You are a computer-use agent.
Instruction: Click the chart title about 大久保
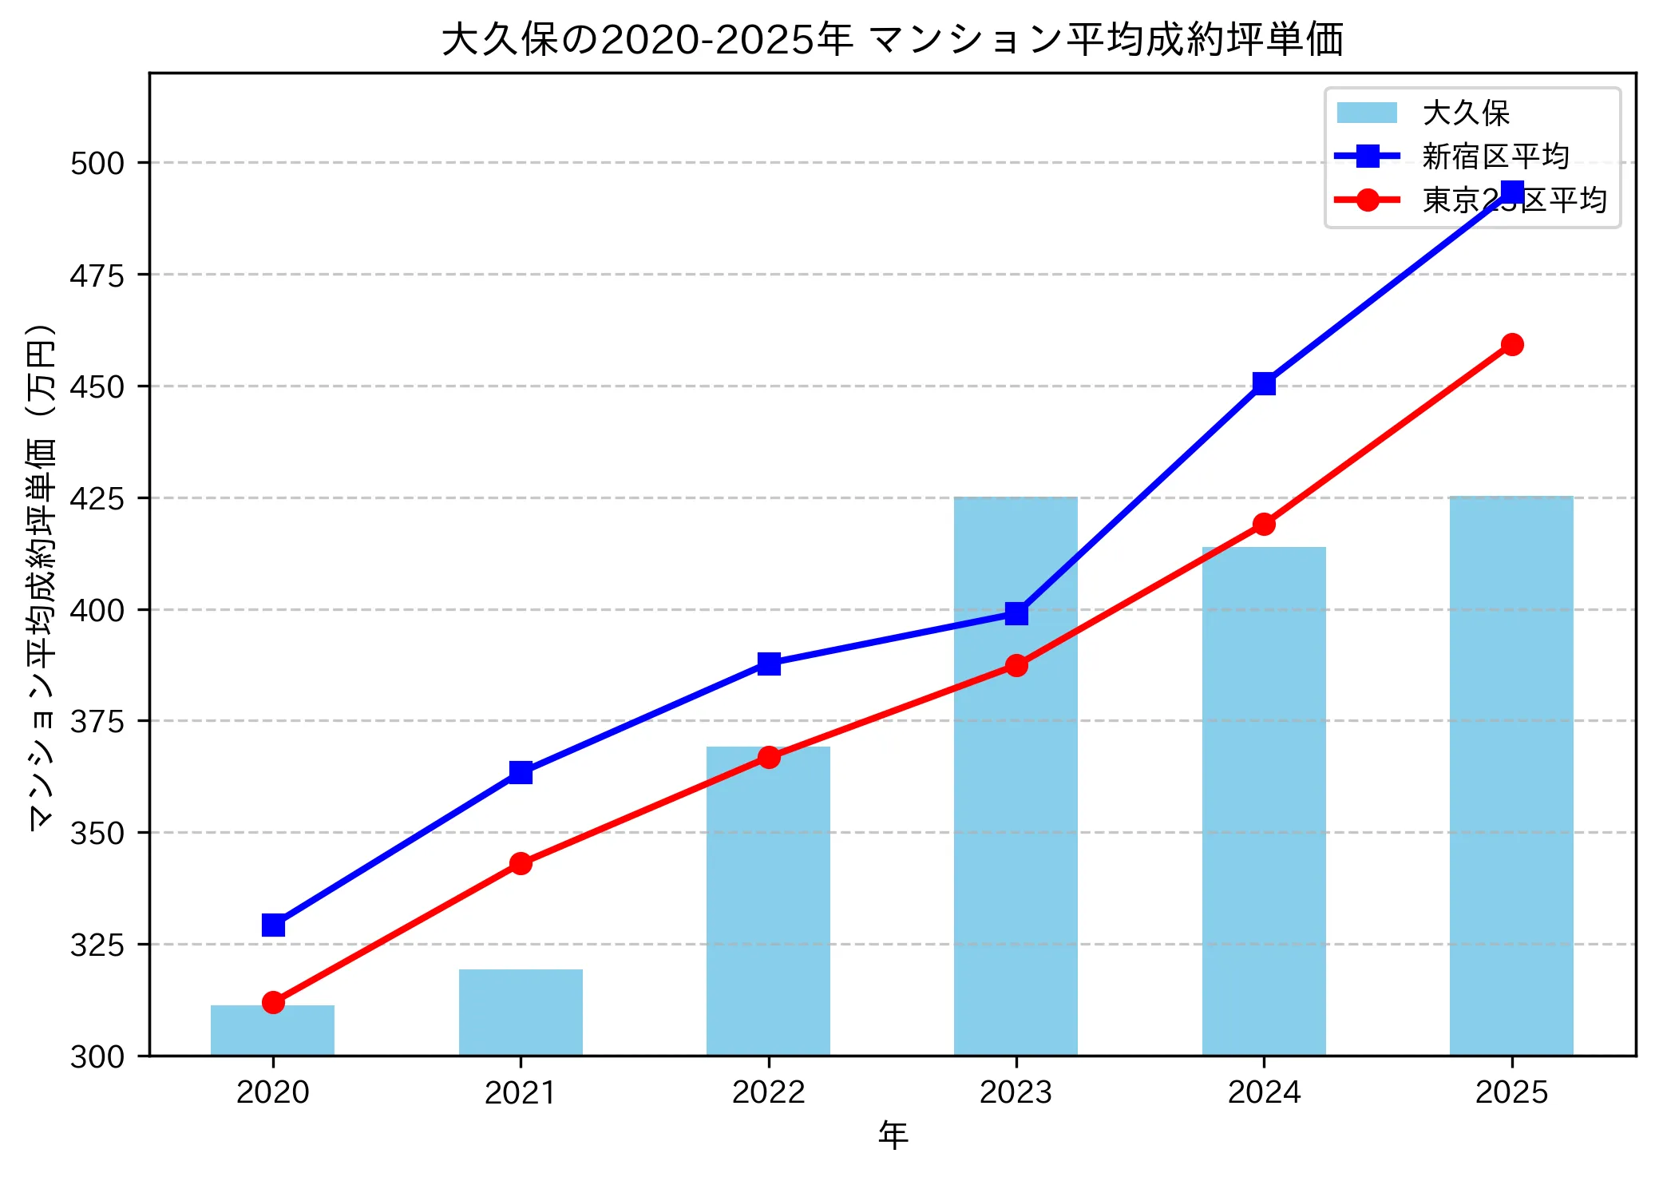click(x=892, y=40)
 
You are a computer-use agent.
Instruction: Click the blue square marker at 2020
click(x=273, y=925)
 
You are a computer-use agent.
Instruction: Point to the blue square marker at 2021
click(x=521, y=772)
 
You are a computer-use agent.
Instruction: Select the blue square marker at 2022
click(x=769, y=664)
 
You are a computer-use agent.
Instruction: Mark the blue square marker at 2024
click(x=1264, y=384)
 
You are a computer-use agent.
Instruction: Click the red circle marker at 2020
click(x=273, y=1002)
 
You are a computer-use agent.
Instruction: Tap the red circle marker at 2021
click(x=521, y=863)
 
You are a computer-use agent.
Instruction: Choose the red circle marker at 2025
click(x=1511, y=344)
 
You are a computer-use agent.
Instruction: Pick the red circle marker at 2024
click(x=1264, y=524)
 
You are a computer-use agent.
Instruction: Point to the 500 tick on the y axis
click(x=97, y=163)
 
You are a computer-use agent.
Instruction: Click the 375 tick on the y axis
click(x=97, y=721)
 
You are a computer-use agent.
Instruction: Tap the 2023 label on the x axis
click(x=1016, y=1092)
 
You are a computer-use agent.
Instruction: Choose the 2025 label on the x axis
click(x=1511, y=1092)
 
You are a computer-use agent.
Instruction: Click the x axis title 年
click(x=893, y=1135)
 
